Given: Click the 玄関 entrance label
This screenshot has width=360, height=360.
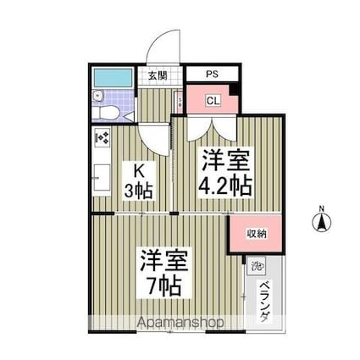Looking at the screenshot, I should tap(157, 75).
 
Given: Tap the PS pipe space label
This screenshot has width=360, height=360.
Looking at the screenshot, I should tap(211, 75).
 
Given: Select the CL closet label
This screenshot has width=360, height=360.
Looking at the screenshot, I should tap(212, 101).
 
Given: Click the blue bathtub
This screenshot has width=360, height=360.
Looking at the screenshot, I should tap(113, 80).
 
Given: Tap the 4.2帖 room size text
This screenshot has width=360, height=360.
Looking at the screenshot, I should tap(226, 186).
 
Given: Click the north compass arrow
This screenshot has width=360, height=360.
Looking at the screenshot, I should tap(322, 223).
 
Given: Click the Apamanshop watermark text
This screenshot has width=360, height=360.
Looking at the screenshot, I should tap(173, 323).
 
